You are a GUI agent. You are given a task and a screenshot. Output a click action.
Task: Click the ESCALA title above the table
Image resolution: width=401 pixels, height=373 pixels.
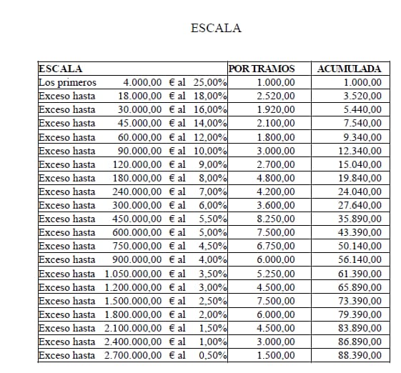pyautogui.click(x=217, y=29)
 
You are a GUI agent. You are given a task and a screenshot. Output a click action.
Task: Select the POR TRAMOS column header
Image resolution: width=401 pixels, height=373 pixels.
pyautogui.click(x=262, y=69)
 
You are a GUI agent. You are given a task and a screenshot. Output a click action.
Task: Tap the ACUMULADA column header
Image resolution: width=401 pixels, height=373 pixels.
pyautogui.click(x=348, y=69)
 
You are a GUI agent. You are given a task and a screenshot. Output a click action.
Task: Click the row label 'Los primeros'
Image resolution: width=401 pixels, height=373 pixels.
pyautogui.click(x=67, y=83)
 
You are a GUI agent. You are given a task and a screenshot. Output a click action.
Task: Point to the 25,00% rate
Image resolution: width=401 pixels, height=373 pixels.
pyautogui.click(x=210, y=83)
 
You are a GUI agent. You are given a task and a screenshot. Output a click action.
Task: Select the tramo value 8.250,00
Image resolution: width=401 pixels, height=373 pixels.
pyautogui.click(x=275, y=219)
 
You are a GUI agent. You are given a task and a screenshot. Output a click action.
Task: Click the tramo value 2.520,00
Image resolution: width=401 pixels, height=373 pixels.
pyautogui.click(x=275, y=96)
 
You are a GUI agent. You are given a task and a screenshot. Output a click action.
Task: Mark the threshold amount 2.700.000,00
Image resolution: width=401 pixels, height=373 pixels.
pyautogui.click(x=134, y=355)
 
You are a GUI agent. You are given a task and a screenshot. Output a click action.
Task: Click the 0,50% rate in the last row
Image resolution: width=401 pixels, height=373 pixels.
pyautogui.click(x=213, y=355)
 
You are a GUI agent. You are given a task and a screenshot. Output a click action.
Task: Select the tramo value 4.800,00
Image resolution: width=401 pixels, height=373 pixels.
pyautogui.click(x=275, y=178)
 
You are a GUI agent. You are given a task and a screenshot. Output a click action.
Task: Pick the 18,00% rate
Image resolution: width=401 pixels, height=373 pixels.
pyautogui.click(x=210, y=96)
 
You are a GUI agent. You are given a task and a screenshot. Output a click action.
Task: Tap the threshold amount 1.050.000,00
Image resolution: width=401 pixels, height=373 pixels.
pyautogui.click(x=134, y=274)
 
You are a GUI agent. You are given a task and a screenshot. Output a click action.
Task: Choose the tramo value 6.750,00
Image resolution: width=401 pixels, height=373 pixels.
pyautogui.click(x=275, y=247)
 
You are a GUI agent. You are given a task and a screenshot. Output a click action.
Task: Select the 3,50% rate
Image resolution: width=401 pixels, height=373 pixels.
pyautogui.click(x=213, y=274)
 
